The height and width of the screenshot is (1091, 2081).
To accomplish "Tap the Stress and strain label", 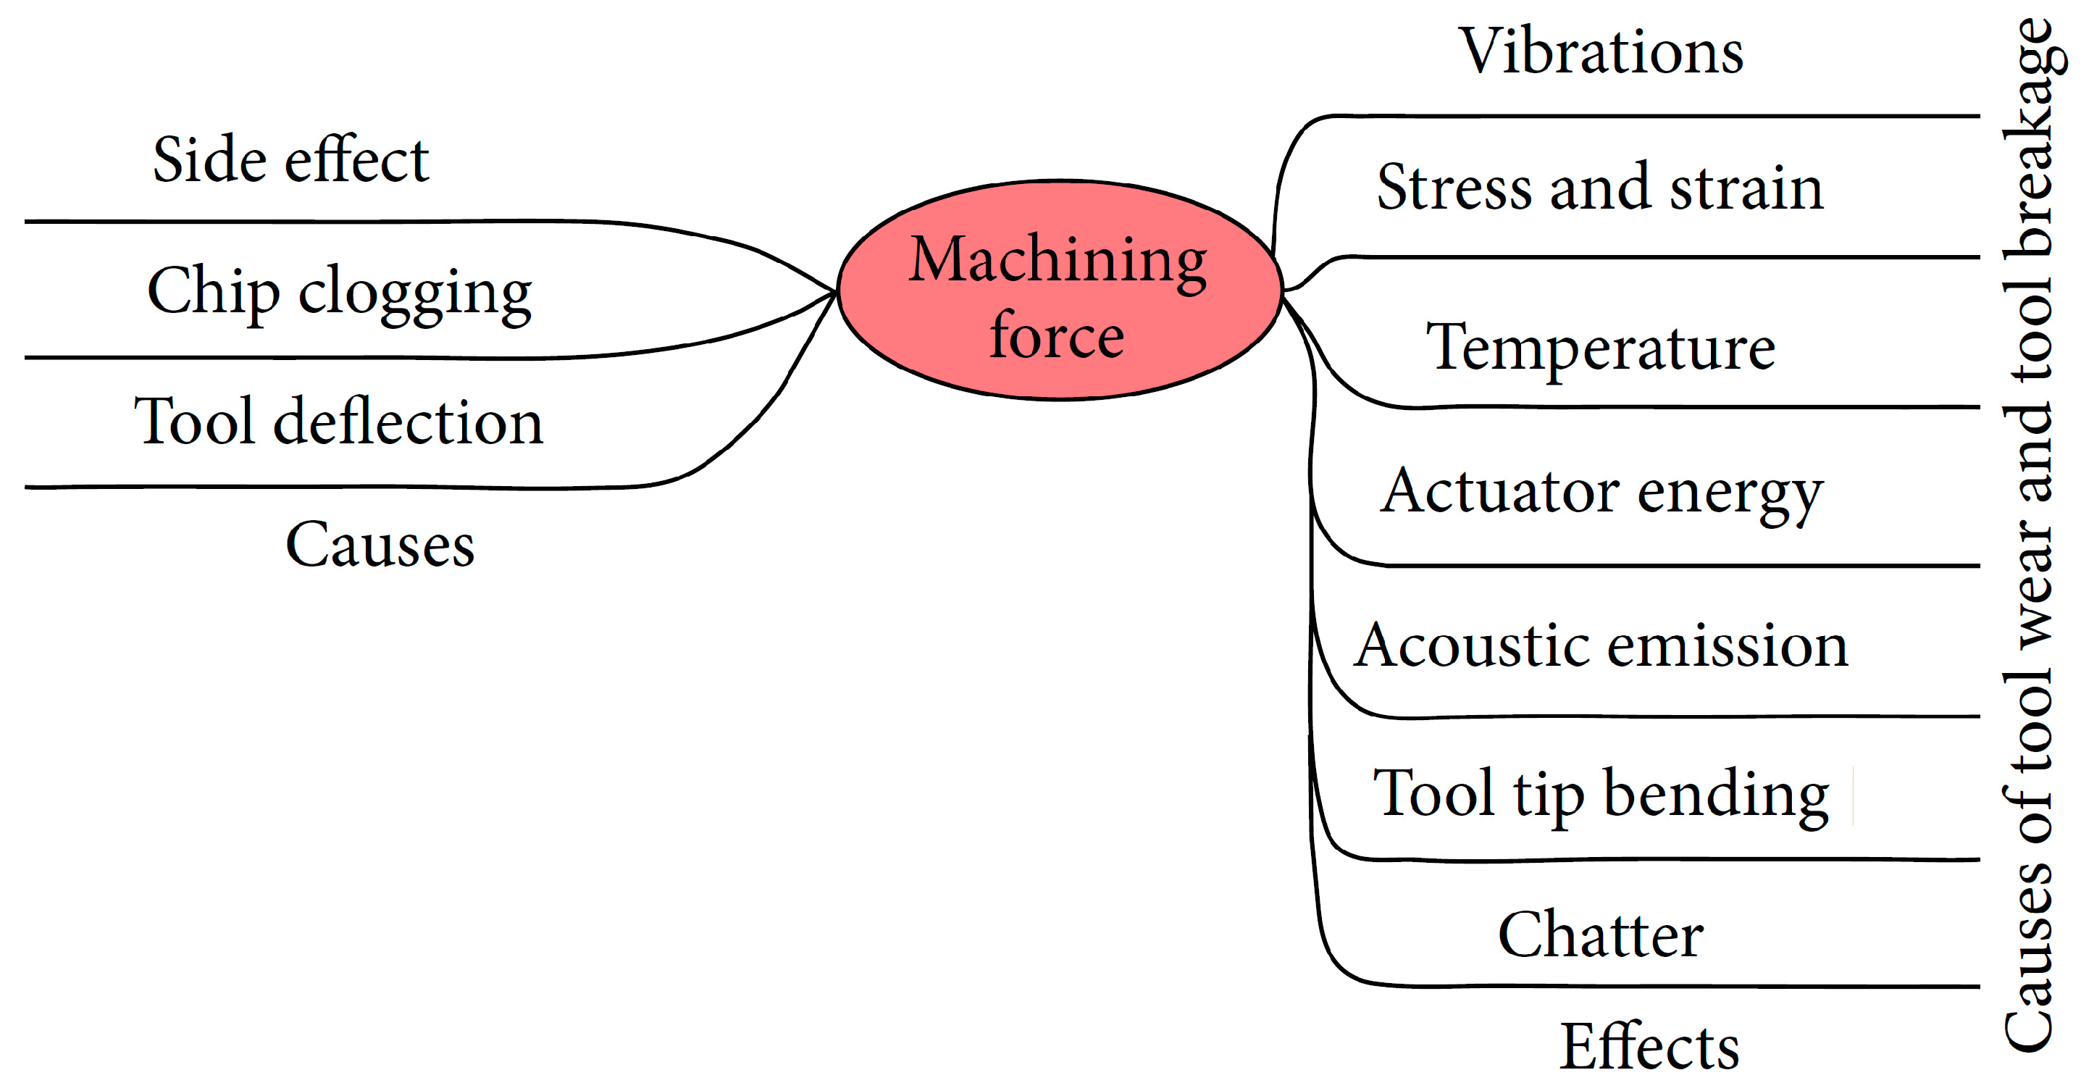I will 1599,188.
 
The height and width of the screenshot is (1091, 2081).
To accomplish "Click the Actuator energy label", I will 1601,491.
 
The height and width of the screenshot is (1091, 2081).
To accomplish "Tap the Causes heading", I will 380,545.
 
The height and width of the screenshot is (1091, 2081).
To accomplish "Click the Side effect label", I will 291,159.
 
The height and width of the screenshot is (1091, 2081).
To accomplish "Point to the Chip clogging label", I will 339,293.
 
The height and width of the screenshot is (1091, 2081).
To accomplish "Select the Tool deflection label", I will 339,422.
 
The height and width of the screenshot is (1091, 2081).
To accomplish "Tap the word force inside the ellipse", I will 1057,335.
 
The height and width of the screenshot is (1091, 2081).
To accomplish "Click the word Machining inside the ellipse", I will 1058,260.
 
